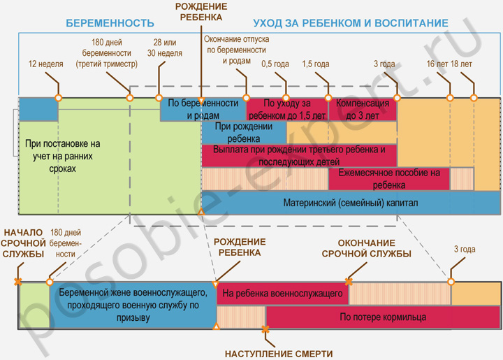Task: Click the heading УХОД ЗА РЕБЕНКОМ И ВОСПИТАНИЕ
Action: click(351, 23)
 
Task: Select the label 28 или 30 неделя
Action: click(166, 48)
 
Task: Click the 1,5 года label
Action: click(316, 64)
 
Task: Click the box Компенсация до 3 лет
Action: click(362, 109)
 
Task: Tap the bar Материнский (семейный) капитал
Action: click(350, 203)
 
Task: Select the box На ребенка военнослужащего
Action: click(282, 294)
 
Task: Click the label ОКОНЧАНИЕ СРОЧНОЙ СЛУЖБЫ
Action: click(365, 248)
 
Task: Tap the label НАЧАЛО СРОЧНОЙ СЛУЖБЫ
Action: click(23, 243)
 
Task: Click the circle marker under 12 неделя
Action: click(58, 98)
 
